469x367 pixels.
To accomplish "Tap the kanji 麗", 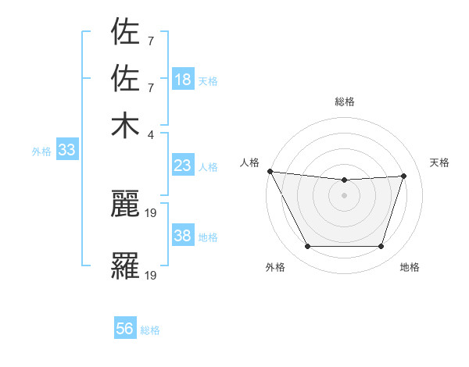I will coord(125,205).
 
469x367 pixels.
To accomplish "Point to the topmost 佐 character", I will coord(125,32).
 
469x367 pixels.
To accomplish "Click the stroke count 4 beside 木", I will coord(151,134).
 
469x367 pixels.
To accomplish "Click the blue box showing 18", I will coord(183,80).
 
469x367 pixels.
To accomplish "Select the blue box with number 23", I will coord(183,166).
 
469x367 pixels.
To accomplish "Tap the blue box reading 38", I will coord(183,236).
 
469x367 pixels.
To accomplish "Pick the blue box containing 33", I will coord(66,151).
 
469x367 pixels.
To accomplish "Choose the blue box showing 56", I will coord(125,329).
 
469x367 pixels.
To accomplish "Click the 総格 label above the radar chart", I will coord(345,102).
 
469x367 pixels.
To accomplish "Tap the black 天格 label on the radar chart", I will coord(439,162).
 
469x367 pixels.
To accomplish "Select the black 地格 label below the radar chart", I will coord(410,267).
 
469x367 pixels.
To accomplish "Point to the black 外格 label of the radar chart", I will coord(275,267).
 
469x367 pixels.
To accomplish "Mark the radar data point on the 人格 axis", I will coord(270,171).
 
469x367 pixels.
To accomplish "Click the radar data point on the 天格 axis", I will coord(403,176).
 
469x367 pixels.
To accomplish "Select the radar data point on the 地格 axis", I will coord(381,246).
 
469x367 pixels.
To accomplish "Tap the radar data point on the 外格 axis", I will coord(307,246).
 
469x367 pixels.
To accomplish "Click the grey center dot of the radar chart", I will coord(344,195).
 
